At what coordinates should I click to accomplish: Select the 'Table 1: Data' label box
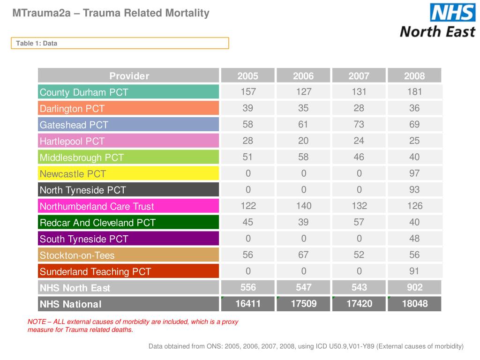(x=120, y=43)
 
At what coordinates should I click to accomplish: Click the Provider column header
(x=129, y=76)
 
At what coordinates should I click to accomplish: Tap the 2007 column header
(x=359, y=76)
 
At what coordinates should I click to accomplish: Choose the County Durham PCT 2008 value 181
(x=414, y=91)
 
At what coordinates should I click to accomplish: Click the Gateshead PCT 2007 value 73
(x=359, y=124)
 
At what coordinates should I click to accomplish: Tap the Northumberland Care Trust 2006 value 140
(x=303, y=205)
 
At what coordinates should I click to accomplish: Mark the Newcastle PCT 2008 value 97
(x=414, y=173)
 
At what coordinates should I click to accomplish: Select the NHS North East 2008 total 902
(x=414, y=287)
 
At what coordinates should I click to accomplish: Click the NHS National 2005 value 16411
(x=248, y=304)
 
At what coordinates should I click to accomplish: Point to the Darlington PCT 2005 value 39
(x=248, y=108)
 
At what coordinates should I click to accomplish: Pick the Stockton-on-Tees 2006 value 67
(x=303, y=255)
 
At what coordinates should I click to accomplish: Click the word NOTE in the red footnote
(x=37, y=322)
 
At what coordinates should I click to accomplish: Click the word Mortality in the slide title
(x=187, y=13)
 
